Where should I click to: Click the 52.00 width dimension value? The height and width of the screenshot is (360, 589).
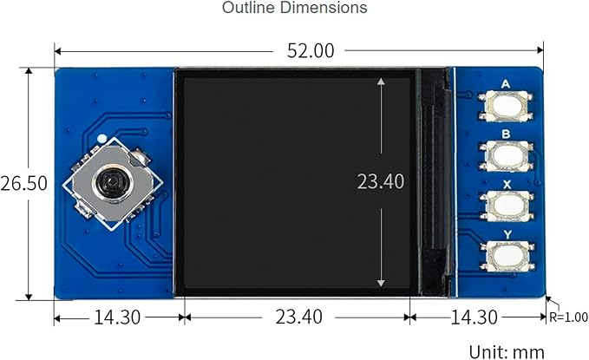311,50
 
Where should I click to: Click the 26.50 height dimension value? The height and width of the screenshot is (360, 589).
23,183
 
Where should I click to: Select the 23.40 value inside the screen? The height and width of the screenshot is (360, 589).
381,181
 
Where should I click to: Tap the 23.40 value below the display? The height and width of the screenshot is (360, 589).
298,317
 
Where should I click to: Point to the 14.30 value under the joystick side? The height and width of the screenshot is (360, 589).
117,317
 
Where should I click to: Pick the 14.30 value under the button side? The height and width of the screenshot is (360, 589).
474,317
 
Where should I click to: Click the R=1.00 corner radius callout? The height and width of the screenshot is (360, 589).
568,317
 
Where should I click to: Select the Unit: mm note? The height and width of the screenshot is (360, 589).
507,352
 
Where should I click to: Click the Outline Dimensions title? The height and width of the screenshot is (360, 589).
295,8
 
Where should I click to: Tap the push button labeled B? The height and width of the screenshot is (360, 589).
506,155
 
